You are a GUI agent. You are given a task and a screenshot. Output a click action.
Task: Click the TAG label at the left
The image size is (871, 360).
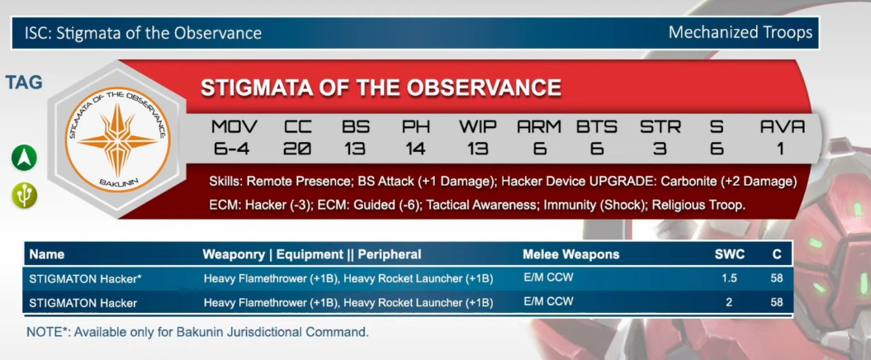[24, 83]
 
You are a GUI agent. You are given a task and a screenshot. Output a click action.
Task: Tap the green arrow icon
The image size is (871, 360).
[25, 159]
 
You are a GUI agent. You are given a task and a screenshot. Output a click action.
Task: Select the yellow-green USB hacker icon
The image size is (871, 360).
[25, 196]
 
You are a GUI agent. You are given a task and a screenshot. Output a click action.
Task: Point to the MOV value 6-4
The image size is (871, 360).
[234, 149]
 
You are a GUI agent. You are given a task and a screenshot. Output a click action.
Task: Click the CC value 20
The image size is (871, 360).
[297, 149]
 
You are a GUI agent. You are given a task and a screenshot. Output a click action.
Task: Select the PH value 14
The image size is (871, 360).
[415, 149]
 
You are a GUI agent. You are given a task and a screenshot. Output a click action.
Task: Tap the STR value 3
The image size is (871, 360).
[660, 149]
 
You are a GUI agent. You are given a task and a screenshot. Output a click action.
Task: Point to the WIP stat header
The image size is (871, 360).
[478, 127]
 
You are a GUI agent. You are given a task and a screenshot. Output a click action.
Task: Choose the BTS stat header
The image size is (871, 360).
[597, 127]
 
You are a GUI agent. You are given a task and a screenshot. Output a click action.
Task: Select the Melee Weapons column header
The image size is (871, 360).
[570, 254]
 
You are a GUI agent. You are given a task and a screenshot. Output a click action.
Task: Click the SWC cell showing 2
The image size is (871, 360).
[729, 303]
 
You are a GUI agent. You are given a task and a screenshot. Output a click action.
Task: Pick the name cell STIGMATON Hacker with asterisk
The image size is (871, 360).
[85, 279]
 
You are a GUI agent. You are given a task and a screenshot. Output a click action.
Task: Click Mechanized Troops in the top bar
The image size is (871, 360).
[741, 33]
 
